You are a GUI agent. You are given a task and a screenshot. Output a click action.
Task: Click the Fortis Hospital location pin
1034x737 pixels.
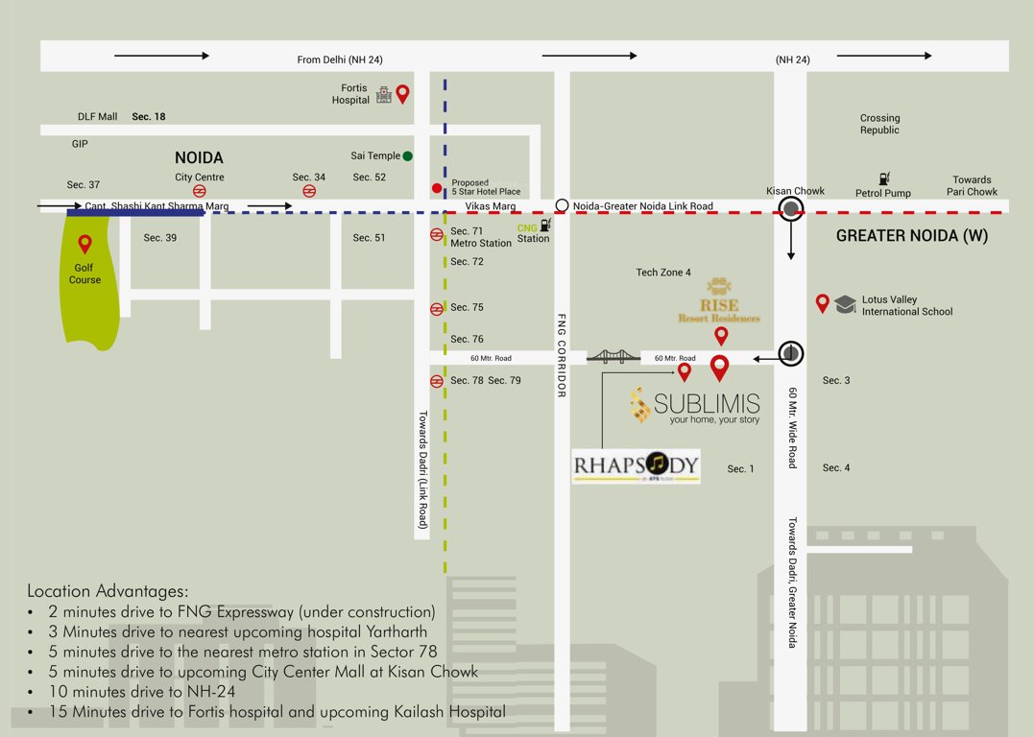(403, 93)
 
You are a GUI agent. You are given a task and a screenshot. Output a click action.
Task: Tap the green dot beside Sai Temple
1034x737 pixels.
(408, 155)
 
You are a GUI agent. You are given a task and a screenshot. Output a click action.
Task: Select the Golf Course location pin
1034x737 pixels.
(84, 244)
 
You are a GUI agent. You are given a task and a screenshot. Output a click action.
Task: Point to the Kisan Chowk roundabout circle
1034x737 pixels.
(791, 210)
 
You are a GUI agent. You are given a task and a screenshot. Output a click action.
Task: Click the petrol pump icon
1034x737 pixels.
(882, 178)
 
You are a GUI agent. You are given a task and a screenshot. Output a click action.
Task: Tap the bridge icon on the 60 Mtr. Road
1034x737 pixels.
(613, 357)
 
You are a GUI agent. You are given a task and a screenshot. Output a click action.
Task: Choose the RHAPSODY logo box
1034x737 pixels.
(637, 466)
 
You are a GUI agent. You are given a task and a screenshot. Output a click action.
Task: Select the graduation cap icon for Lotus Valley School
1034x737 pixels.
(845, 304)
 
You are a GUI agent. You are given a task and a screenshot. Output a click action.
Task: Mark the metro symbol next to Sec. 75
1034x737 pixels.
(436, 308)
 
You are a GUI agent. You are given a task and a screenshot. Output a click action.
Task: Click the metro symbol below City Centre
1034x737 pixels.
(200, 190)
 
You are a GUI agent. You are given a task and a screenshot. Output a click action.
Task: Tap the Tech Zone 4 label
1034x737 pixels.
(663, 273)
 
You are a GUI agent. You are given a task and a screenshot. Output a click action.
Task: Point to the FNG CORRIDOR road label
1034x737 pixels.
(562, 355)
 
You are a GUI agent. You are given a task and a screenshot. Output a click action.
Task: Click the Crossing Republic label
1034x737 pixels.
(879, 124)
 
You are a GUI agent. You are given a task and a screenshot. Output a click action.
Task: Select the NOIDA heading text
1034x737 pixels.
(199, 157)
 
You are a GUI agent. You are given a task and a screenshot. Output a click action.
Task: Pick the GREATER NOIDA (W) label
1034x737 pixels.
(911, 236)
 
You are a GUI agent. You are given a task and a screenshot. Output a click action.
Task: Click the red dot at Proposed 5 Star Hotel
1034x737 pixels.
(437, 188)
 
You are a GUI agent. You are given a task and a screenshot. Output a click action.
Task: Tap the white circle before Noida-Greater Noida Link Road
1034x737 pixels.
(562, 205)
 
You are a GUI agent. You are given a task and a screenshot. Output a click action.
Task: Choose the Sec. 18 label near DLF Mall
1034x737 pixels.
(149, 116)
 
